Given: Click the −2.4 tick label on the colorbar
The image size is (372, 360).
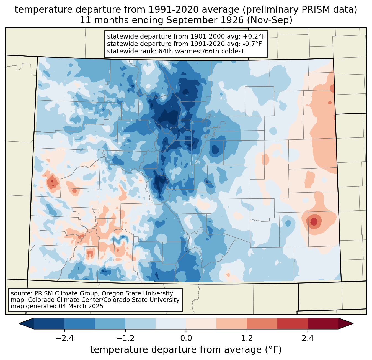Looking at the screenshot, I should pos(64,338).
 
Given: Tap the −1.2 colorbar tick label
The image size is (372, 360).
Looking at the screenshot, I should pos(125,338).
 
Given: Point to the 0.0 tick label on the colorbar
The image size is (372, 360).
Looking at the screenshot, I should pos(186,338).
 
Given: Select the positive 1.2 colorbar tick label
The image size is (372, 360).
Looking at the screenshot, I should pos(247,338).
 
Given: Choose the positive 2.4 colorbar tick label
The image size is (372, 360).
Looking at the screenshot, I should pos(308,338).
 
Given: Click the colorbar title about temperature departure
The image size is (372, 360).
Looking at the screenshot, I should pos(186,350).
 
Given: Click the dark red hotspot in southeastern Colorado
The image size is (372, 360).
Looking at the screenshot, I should pos(314,221).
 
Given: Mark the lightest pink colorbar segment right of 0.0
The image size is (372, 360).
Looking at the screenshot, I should pos(201,323).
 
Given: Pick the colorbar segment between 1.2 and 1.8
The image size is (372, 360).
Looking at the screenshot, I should pos(262,323).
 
